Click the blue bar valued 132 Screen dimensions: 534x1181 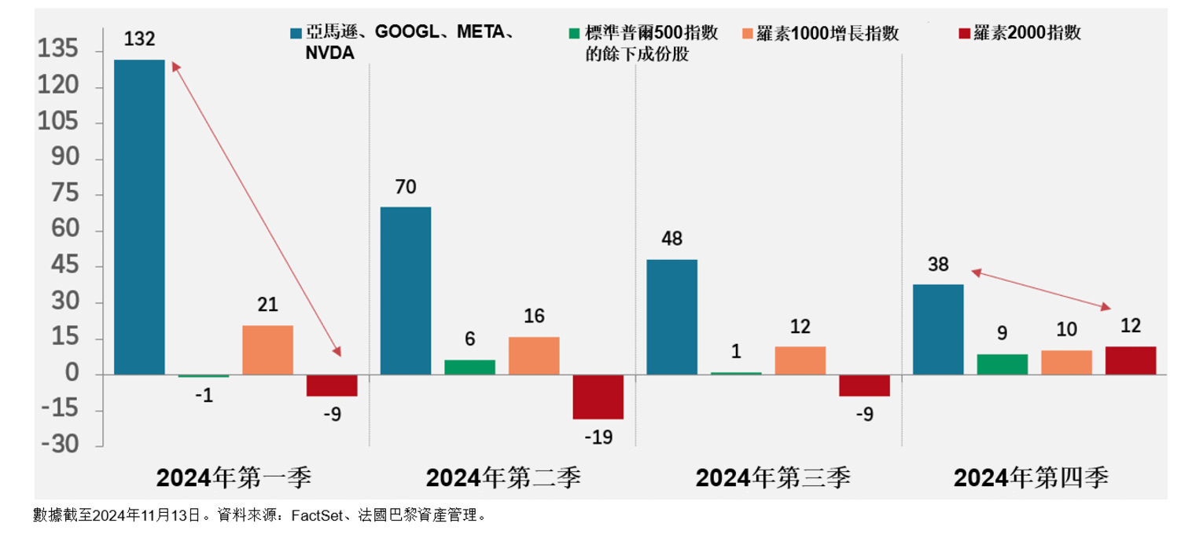139,217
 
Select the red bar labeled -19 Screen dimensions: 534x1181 598,397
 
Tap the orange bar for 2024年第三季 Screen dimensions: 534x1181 800,360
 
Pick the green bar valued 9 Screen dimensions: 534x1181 1002,364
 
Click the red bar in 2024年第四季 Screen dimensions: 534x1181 1130,360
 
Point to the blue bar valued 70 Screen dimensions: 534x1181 405,291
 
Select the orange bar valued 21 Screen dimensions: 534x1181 267,350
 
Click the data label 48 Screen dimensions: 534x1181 671,239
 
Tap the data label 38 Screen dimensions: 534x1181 937,265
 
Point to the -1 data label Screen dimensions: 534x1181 204,397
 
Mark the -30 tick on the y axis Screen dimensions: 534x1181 59,445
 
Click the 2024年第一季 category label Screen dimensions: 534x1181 234,477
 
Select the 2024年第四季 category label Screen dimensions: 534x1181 1031,477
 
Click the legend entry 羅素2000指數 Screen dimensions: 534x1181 1027,33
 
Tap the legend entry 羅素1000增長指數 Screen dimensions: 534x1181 827,33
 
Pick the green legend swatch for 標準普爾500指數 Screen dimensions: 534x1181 574,34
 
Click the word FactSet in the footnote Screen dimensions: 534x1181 317,516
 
